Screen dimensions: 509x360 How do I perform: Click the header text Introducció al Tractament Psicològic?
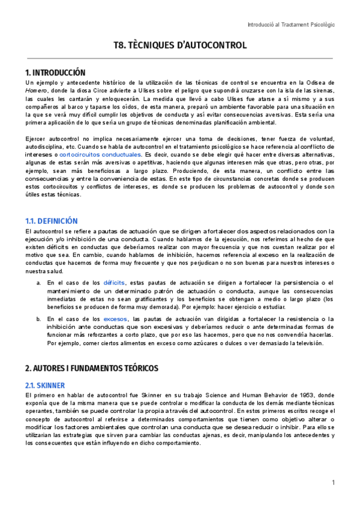point(291,25)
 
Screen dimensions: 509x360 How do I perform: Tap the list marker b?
point(39,319)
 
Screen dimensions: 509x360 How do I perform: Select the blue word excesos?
point(115,319)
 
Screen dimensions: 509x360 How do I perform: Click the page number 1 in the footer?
point(332,483)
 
